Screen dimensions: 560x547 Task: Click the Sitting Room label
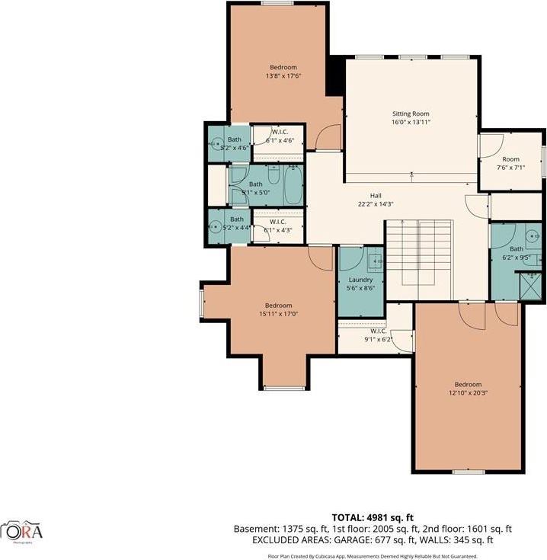(411, 114)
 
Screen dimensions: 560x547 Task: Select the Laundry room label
(360, 280)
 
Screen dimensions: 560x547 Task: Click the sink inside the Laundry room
(376, 262)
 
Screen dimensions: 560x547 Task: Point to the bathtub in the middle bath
(293, 184)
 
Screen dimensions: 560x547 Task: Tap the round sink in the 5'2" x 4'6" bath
(216, 141)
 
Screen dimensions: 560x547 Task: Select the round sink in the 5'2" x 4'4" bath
(216, 227)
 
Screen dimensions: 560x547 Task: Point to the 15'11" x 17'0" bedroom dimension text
(278, 312)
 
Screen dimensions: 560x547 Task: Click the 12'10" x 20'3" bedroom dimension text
(468, 392)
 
